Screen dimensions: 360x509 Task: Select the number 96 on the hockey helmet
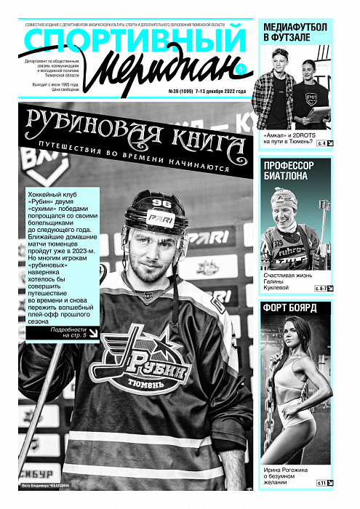(x=162, y=201)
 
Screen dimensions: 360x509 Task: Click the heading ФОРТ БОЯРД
(x=289, y=308)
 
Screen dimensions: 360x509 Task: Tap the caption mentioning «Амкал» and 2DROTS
(x=287, y=139)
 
